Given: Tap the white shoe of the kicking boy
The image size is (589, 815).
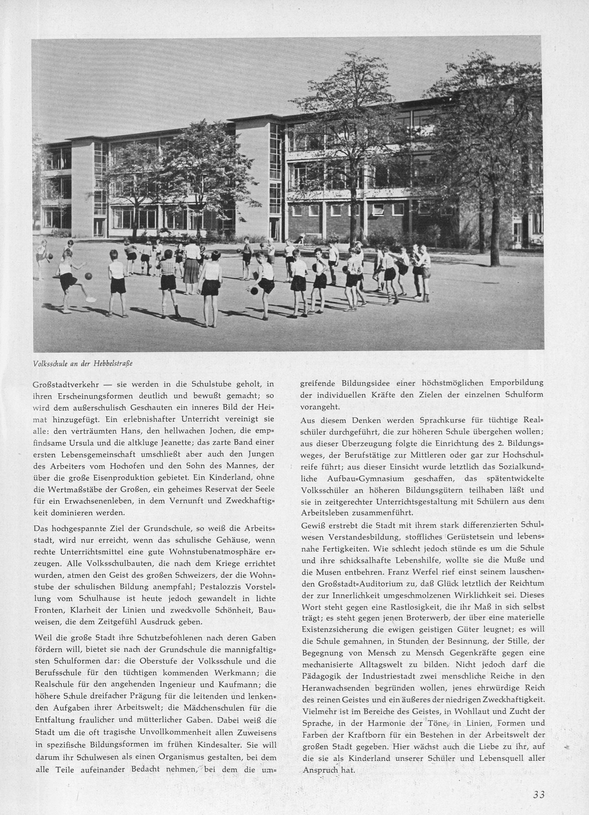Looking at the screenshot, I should pos(91,299).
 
